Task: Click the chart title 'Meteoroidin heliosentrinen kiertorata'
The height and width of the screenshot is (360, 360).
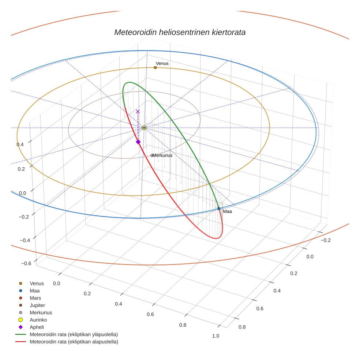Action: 180,32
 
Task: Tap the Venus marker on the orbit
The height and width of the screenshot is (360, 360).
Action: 155,68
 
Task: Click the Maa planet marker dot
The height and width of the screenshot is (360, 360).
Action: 219,209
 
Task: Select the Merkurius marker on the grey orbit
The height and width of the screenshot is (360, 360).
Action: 152,155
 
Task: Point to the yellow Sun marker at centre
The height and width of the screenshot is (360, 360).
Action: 144,128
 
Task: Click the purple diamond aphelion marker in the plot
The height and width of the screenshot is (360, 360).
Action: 138,142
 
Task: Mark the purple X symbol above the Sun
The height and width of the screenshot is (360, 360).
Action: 138,112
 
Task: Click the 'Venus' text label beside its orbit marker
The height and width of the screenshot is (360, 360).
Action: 162,64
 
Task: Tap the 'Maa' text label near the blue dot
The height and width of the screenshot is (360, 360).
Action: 227,211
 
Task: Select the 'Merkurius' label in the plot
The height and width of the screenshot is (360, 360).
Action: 162,155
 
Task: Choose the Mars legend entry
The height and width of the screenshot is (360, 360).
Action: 35,298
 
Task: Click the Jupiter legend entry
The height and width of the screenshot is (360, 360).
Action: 37,305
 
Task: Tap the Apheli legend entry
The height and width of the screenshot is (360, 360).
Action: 37,327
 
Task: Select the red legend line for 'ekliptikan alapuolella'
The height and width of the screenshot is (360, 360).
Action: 21,342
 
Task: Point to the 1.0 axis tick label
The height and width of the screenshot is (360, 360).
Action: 215,336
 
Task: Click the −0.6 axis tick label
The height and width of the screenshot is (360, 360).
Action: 26,263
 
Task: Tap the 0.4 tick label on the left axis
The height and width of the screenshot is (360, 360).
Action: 20,145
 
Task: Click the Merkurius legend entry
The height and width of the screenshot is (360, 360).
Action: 41,312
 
